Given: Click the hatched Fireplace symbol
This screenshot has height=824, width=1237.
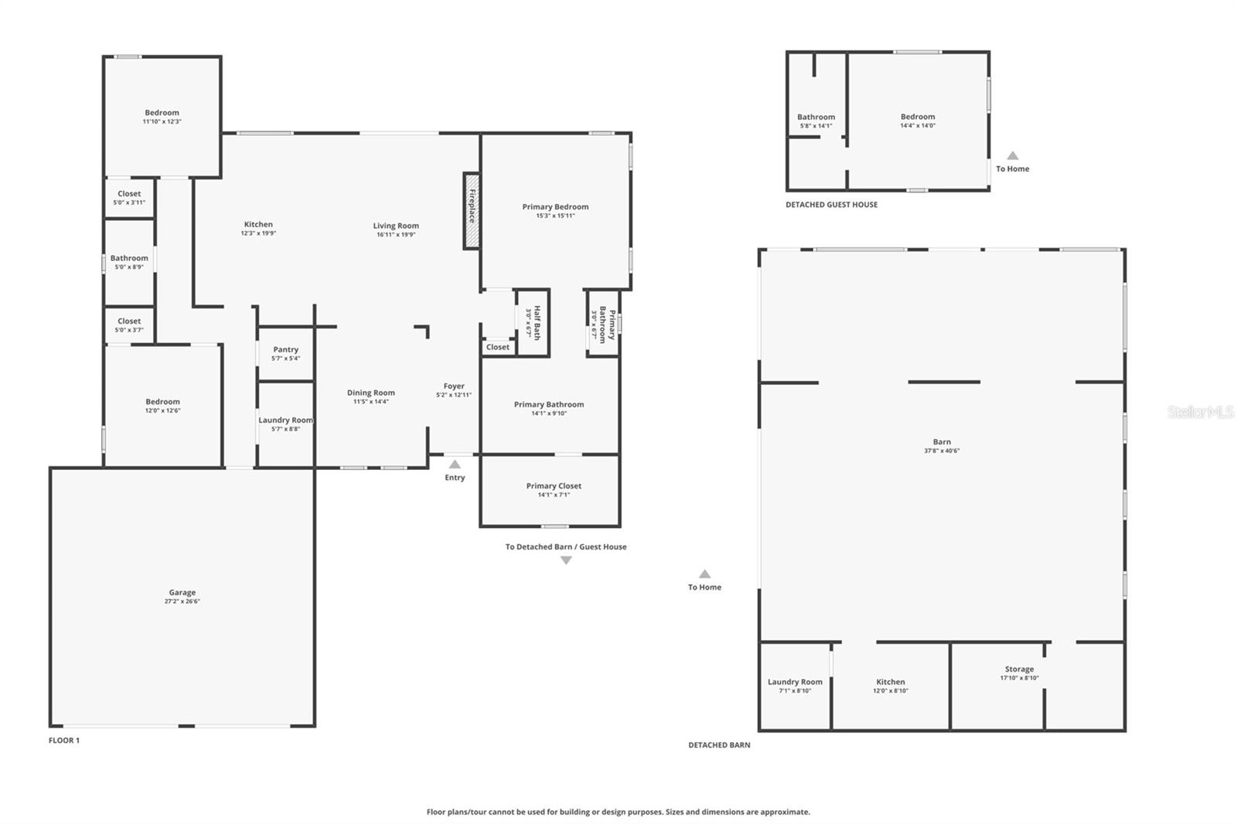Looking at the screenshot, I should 472,210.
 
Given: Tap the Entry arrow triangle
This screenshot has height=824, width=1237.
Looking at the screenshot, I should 455,465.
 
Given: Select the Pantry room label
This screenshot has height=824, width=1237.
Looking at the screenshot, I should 285,349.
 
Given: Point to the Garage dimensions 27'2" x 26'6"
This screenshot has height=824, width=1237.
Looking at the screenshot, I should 182,601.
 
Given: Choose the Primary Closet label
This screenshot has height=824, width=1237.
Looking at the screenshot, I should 554,485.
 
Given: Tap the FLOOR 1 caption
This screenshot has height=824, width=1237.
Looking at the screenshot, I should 64,741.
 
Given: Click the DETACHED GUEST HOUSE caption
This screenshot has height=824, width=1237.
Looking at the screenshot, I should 831,205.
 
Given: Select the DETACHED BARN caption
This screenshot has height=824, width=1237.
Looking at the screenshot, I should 719,745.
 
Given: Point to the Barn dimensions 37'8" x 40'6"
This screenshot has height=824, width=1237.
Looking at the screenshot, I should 942,451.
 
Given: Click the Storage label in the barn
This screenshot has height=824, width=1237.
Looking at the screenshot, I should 1019,669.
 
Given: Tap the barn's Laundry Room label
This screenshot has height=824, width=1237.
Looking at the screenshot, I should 795,682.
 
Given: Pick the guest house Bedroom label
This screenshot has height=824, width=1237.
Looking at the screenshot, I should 918,117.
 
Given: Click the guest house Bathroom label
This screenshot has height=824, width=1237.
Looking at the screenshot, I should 816,117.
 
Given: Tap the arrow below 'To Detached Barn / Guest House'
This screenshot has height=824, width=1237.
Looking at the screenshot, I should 566,560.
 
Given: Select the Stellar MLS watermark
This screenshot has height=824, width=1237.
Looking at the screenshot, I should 1200,412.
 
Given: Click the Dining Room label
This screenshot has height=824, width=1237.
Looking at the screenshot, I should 370,393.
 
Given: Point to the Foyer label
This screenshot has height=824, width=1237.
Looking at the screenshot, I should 454,386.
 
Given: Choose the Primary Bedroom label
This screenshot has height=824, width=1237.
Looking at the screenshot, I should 555,206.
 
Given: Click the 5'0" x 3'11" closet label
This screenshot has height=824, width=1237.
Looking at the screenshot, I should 129,194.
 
